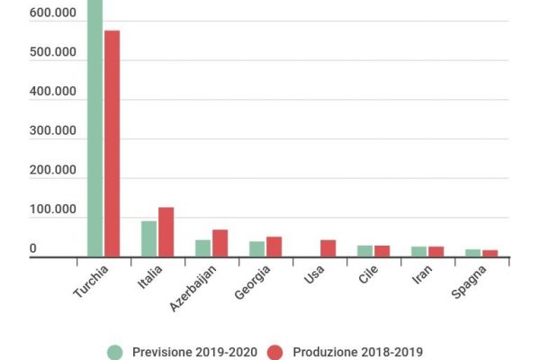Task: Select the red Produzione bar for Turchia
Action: coord(112,144)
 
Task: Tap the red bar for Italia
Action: coord(166,232)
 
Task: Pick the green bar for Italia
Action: coord(148,238)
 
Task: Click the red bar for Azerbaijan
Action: coord(220,243)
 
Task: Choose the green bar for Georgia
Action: coord(256,248)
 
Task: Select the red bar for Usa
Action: coord(328,248)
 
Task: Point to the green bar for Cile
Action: coord(364,251)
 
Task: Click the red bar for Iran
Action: coord(436,252)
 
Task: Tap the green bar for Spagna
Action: coord(472,253)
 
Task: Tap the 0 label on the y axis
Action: coord(33,248)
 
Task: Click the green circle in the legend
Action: coord(114,352)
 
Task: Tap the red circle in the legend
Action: coord(276,352)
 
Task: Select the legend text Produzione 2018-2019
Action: coord(358,352)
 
